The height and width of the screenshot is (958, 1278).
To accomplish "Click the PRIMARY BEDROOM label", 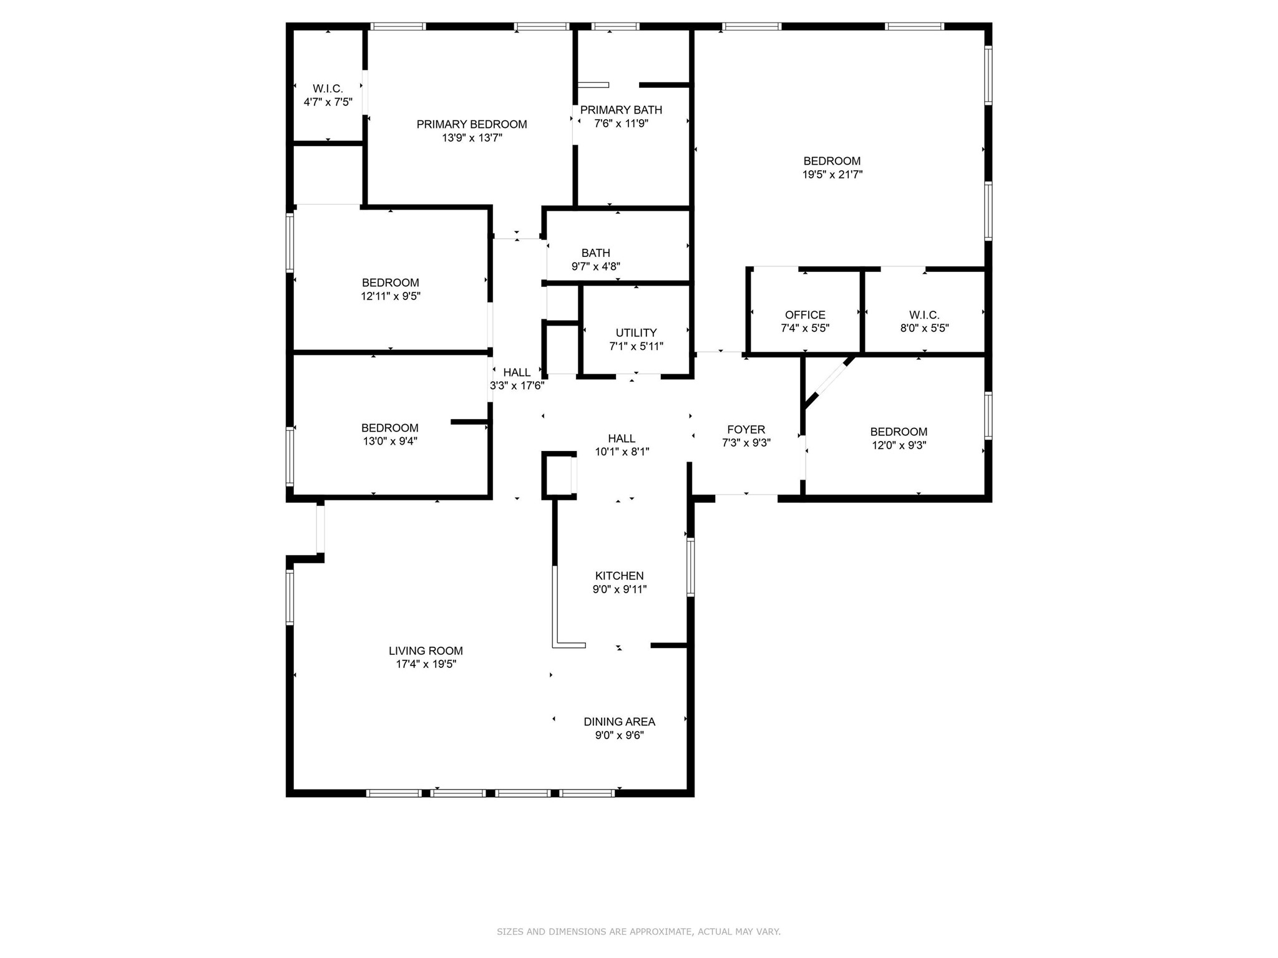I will (472, 124).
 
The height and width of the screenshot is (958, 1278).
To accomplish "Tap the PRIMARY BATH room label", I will (621, 110).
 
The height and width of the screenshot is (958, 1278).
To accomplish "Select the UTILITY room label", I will (636, 332).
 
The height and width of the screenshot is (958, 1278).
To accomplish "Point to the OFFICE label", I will (805, 315).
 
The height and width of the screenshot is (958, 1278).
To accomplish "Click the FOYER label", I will (746, 429).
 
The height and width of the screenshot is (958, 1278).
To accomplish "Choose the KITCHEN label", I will (619, 576).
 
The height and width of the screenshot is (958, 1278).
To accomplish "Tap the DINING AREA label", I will (619, 722).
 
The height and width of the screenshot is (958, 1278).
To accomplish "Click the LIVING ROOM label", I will (426, 651).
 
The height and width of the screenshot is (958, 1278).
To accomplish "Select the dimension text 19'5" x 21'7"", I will (832, 175).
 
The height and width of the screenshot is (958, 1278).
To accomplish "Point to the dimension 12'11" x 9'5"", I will (391, 296).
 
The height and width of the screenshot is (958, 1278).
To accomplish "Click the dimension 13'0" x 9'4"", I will (390, 442).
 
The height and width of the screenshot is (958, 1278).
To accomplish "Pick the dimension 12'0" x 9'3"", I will (899, 445).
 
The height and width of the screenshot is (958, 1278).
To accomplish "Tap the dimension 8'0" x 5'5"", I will (924, 328).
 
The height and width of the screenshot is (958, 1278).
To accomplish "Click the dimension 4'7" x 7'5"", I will (328, 102).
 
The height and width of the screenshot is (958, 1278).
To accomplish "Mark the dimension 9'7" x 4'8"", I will (595, 266).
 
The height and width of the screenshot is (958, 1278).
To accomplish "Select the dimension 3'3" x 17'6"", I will (517, 386).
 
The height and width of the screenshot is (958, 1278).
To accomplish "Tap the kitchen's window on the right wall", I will (690, 567).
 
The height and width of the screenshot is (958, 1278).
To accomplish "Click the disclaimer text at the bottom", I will (638, 932).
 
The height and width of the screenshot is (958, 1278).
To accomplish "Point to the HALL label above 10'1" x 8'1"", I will (622, 438).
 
